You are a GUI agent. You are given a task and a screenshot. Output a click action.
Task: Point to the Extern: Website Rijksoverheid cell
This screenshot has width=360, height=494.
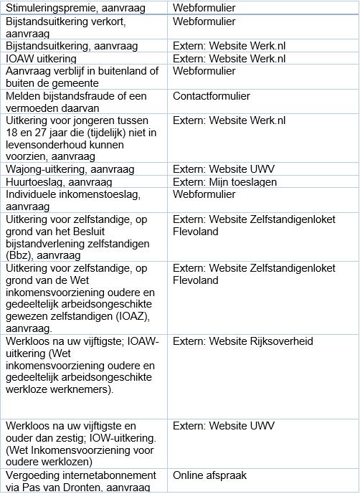click(x=243, y=341)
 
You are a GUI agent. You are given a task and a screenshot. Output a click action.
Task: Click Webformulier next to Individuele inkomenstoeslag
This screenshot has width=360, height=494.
click(x=204, y=194)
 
